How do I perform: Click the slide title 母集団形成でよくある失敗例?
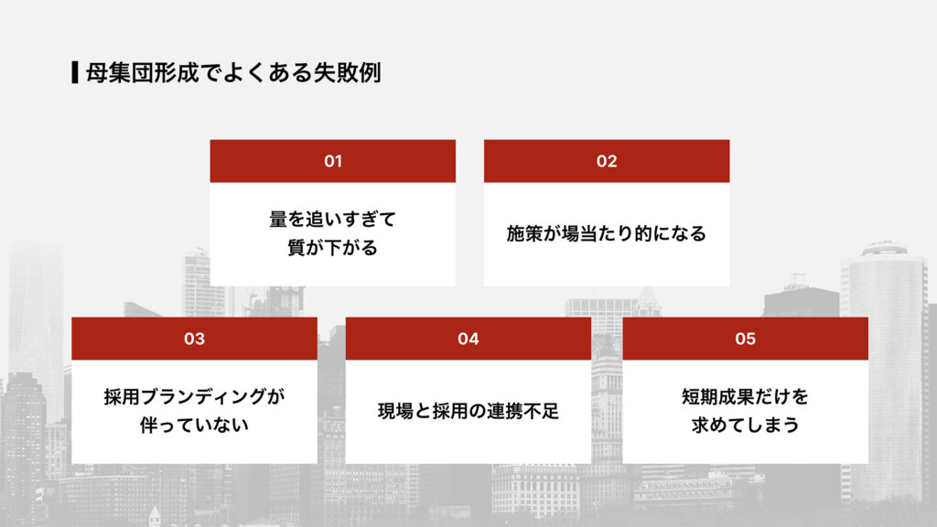(232, 72)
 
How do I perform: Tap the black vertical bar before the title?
(74, 72)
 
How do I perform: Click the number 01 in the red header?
(333, 161)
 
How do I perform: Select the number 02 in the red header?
(607, 161)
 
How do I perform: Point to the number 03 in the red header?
(194, 339)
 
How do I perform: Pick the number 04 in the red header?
(468, 339)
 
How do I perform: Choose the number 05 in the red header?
(745, 339)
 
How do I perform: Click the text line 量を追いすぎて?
(332, 220)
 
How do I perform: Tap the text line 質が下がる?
(332, 248)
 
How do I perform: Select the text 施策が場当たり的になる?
(607, 233)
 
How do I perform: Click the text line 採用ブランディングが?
(194, 397)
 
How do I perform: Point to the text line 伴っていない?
(194, 425)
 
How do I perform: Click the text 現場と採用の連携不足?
(468, 412)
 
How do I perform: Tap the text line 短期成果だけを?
(745, 397)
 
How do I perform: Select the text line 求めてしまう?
(745, 425)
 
